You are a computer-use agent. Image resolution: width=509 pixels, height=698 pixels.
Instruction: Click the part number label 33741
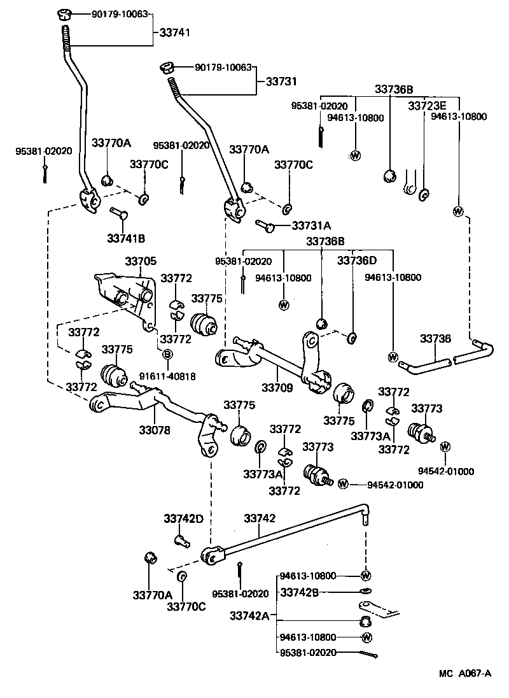(x=174, y=32)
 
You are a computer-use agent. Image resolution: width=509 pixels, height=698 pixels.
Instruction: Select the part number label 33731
(x=281, y=82)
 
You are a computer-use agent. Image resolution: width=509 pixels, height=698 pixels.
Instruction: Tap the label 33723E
(x=427, y=106)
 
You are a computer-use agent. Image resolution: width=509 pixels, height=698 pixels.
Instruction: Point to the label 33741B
(x=125, y=238)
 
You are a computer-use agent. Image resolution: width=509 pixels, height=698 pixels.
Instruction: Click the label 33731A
(x=312, y=225)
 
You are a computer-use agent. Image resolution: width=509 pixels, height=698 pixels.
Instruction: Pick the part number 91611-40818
(x=168, y=376)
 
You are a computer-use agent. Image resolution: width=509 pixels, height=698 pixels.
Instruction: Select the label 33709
(x=276, y=387)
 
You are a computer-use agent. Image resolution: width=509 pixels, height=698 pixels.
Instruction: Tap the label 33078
(x=155, y=430)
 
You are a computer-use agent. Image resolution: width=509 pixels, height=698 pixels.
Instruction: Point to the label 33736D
(x=356, y=260)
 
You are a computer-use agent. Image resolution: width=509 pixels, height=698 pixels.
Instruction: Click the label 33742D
(x=183, y=518)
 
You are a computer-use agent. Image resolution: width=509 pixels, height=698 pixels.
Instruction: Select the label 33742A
(x=249, y=616)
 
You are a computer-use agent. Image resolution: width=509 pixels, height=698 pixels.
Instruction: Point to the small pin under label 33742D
(x=180, y=541)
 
